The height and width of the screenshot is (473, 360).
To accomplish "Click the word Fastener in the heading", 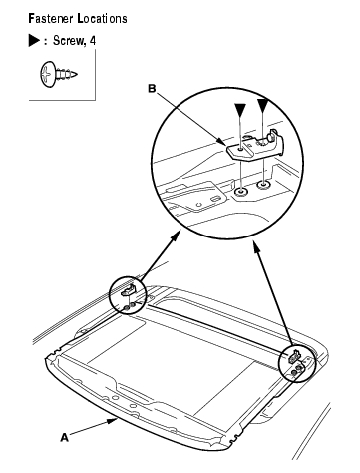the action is click(50, 18).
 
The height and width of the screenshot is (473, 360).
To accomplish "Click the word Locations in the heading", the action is click(102, 18).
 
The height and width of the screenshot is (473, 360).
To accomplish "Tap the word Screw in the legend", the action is click(69, 41).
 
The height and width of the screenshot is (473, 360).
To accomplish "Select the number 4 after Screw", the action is click(92, 41).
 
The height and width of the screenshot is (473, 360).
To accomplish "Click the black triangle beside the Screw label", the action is click(34, 41).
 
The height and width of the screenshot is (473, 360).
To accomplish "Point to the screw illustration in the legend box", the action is click(59, 74).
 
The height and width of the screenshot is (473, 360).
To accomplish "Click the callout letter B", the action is click(152, 89).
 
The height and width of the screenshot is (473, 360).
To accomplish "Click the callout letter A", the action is click(64, 437).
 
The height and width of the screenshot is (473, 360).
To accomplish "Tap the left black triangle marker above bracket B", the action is click(240, 109).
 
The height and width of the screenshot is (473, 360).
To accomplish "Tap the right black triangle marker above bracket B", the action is click(262, 105).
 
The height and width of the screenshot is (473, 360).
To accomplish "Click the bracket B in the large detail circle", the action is click(256, 146).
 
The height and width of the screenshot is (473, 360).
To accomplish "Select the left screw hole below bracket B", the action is click(240, 192).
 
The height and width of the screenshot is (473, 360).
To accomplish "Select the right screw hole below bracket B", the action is click(263, 184).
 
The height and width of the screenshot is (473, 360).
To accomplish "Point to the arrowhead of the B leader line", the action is click(222, 141).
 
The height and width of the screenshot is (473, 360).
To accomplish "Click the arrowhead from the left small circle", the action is click(176, 236).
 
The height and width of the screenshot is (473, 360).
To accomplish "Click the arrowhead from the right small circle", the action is click(255, 246).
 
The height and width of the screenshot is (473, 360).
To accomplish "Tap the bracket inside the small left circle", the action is click(129, 290).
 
